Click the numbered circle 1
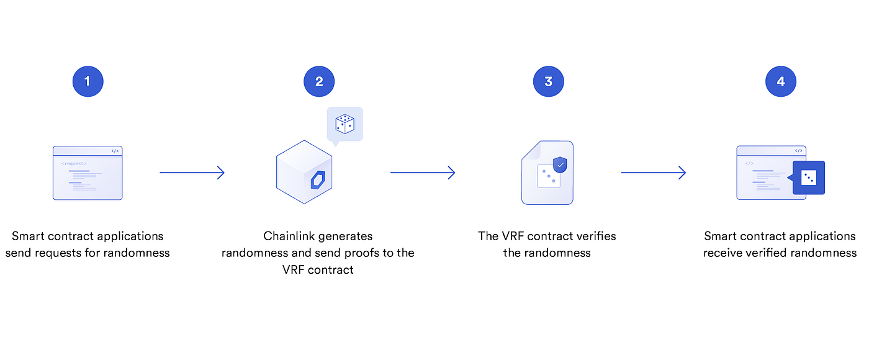[88, 81]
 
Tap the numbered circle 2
[319, 81]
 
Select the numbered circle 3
[548, 81]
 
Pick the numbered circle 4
[780, 81]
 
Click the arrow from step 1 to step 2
[192, 173]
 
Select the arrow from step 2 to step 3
[423, 173]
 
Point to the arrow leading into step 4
[654, 173]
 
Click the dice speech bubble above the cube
[344, 124]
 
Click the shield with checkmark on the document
[561, 164]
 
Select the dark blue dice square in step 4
[809, 178]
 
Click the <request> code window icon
[88, 173]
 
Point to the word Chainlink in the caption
[290, 236]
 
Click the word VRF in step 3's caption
[513, 236]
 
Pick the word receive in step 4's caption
[724, 253]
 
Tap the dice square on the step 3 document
[548, 177]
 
